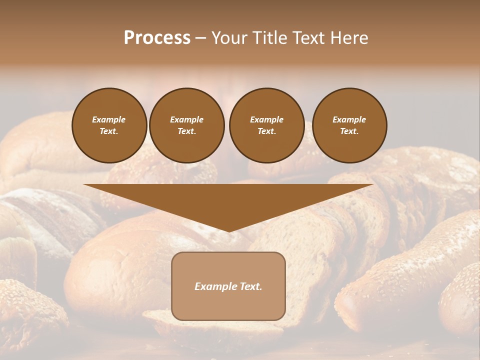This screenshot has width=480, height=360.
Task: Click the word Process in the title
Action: pyautogui.click(x=157, y=37)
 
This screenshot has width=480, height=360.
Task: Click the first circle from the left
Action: pyautogui.click(x=109, y=125)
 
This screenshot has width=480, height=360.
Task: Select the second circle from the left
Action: pyautogui.click(x=187, y=125)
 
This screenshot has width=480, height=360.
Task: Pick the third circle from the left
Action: pyautogui.click(x=266, y=125)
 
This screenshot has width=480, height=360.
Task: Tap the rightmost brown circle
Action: pyautogui.click(x=349, y=125)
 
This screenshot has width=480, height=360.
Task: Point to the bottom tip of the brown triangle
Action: pyautogui.click(x=228, y=230)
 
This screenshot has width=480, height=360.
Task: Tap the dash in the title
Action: pyautogui.click(x=200, y=37)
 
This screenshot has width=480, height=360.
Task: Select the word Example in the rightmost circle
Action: pyautogui.click(x=349, y=119)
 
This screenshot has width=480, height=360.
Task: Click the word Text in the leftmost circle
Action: pyautogui.click(x=108, y=131)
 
